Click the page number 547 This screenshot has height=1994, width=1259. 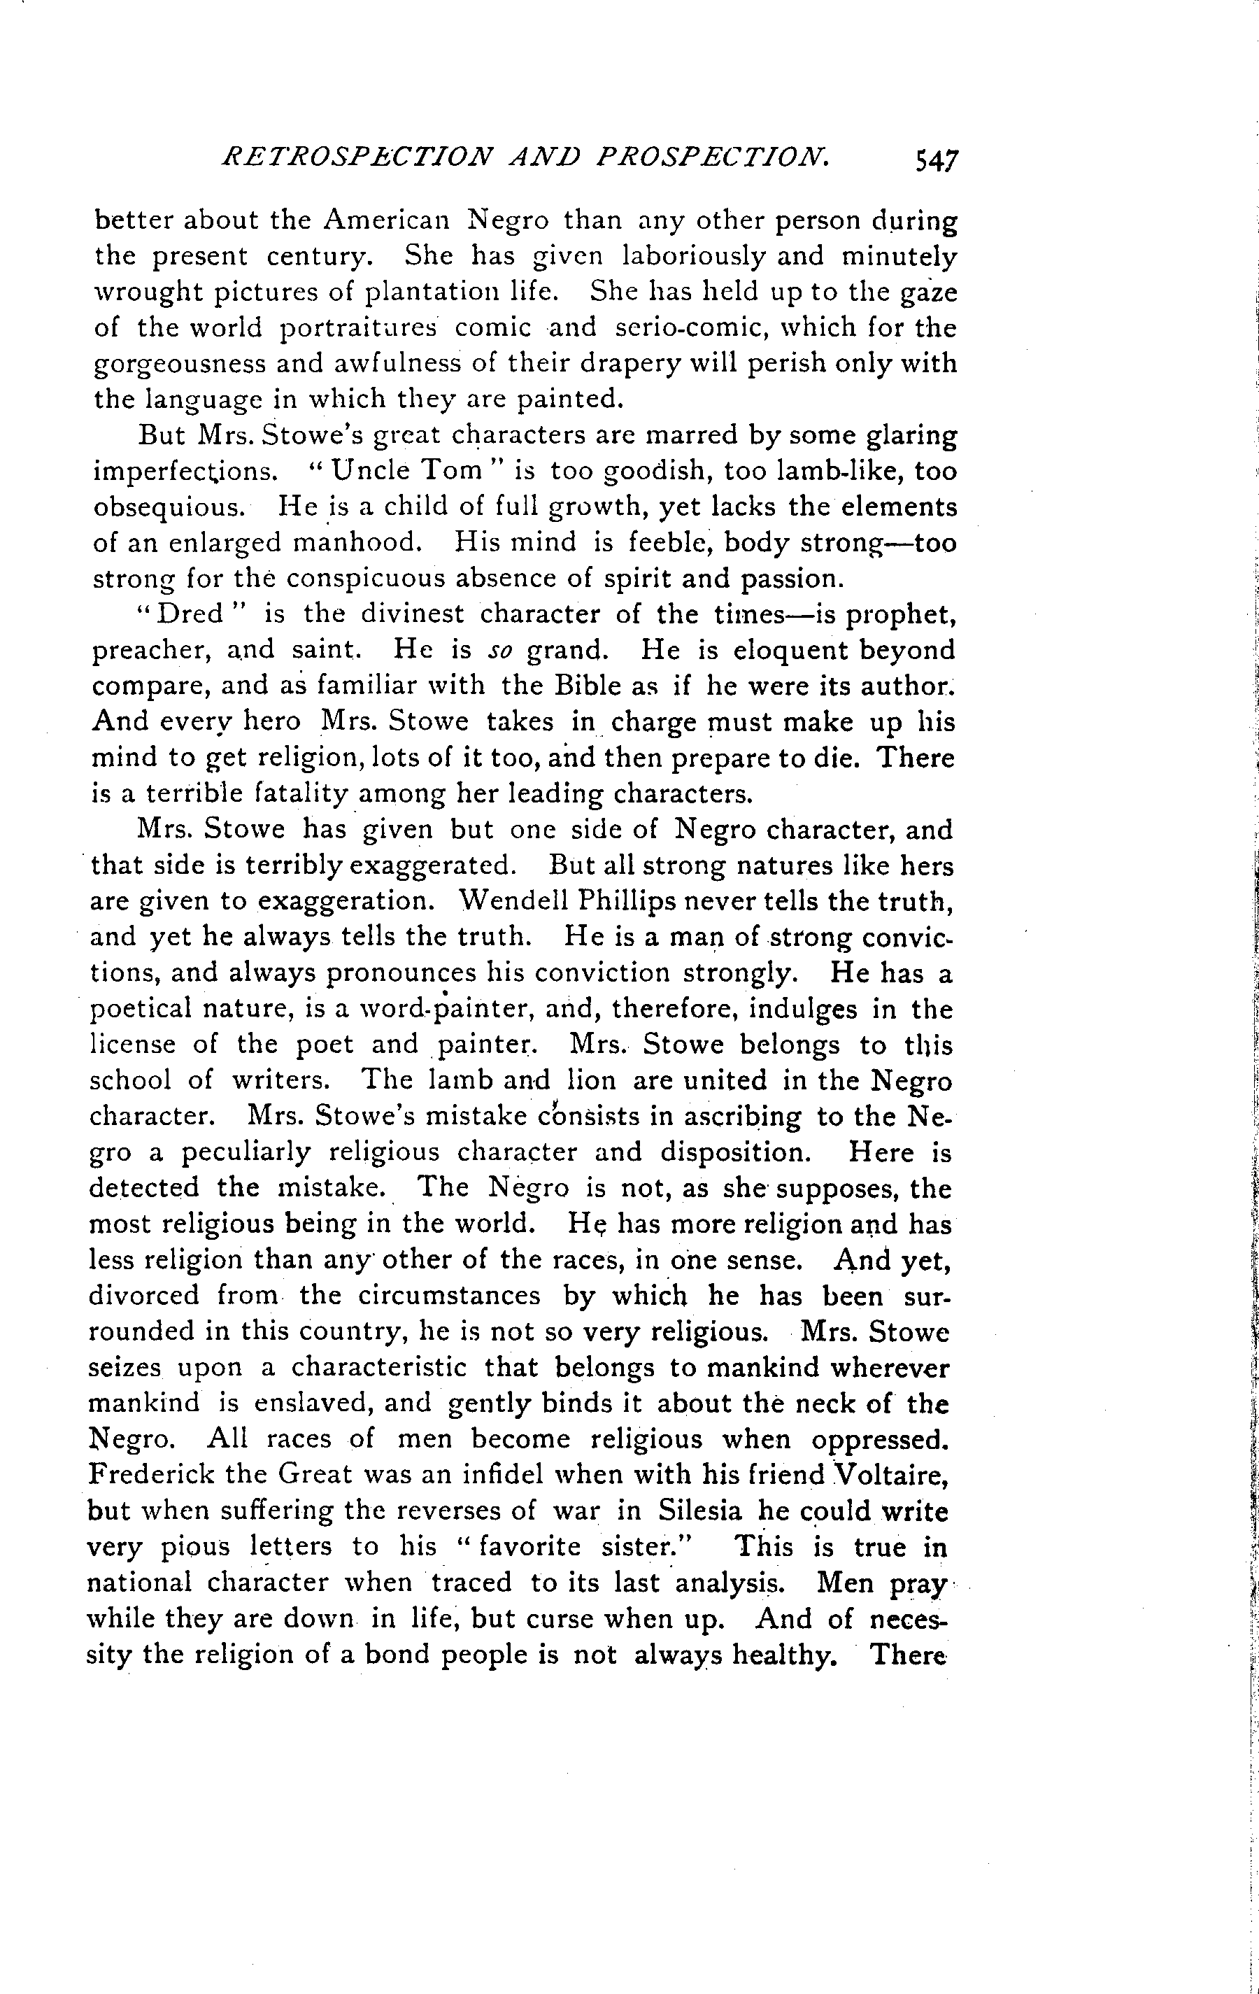(x=934, y=159)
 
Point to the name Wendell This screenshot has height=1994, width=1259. (x=511, y=900)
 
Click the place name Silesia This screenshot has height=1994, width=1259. (x=700, y=1511)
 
